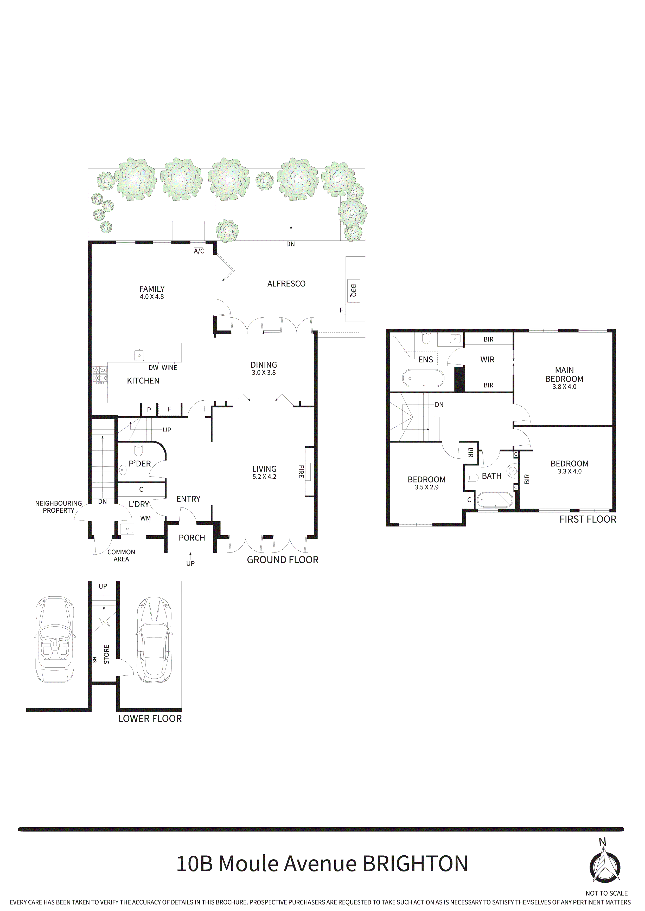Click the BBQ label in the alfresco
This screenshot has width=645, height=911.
coord(353,290)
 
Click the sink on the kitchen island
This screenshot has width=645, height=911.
coord(139,355)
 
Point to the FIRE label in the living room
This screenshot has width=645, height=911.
coord(301,471)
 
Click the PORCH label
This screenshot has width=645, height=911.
coord(192,538)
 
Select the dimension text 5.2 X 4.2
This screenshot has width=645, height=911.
coord(264,477)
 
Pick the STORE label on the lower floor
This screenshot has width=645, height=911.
coord(106,654)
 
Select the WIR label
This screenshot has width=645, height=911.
coord(487,360)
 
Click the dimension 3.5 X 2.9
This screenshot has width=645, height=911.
coord(426,487)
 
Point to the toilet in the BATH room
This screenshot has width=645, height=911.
coord(471,477)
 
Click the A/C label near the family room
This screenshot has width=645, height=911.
coord(199,251)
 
